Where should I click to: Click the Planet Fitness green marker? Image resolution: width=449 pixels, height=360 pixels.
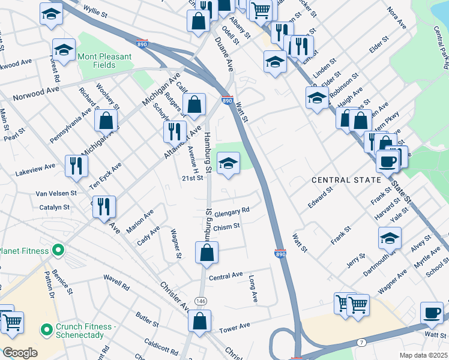point(58,250)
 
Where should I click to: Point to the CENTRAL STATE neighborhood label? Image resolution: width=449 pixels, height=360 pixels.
point(346,180)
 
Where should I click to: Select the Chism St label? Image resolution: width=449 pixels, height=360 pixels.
point(226,226)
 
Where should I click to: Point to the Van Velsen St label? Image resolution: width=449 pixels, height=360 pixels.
point(56,193)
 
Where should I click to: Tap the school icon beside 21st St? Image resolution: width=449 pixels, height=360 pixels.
point(228,163)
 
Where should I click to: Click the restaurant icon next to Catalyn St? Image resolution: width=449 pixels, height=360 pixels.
point(104,206)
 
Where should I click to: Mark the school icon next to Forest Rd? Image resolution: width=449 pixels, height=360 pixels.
point(64,50)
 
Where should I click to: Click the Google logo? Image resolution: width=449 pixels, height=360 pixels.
point(20,353)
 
